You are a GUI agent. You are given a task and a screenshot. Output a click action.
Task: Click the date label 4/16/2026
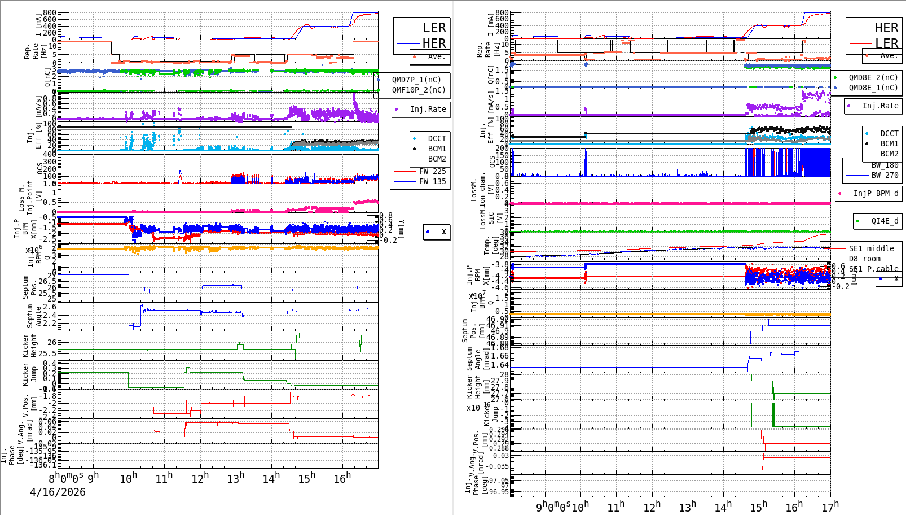point(58,492)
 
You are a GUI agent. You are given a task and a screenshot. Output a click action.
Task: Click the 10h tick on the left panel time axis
point(129,479)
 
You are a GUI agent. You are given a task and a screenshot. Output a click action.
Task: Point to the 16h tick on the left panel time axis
point(342,479)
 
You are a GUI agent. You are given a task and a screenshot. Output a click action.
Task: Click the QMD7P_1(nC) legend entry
point(416,80)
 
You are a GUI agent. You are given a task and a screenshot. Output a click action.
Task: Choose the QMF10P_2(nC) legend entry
point(419,90)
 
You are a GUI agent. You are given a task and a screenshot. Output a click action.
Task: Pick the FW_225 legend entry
point(432,171)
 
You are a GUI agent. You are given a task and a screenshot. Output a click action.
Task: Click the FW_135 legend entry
point(432,181)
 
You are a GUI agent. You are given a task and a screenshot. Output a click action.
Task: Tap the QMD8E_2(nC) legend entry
point(873,77)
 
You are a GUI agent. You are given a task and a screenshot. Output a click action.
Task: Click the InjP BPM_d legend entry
point(876,193)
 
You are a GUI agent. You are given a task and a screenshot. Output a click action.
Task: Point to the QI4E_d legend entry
point(885,221)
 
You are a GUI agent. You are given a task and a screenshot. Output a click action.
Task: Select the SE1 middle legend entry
point(871,248)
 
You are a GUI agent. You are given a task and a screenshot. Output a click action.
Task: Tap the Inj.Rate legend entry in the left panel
point(428,109)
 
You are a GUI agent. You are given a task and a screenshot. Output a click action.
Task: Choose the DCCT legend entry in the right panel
point(889,133)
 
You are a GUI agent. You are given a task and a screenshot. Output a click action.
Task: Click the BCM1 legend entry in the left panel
point(437,149)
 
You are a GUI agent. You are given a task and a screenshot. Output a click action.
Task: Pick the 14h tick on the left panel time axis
point(271,479)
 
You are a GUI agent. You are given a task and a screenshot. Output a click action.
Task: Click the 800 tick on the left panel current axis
point(50,12)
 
